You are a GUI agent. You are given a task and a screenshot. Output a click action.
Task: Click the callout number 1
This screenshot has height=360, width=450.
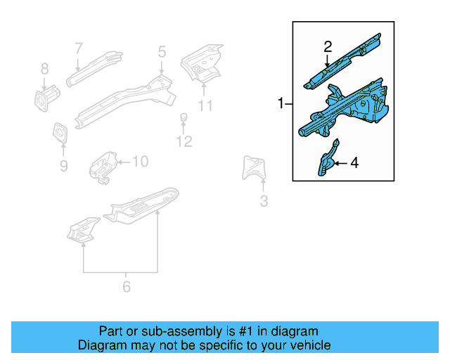(x=281, y=104)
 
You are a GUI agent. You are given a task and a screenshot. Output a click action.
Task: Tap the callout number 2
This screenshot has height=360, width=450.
(x=328, y=47)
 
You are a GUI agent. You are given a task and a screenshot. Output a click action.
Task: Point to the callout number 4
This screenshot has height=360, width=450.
(x=354, y=163)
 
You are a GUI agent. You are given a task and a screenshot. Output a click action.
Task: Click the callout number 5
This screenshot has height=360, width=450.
(x=162, y=51)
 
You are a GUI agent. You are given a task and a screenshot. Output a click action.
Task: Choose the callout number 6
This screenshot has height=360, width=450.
(x=127, y=286)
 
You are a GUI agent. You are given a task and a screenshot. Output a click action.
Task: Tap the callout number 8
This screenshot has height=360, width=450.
(x=44, y=68)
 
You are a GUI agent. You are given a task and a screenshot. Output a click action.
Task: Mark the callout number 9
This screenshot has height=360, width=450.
(x=63, y=166)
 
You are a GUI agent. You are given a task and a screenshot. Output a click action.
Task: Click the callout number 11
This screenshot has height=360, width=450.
(x=205, y=106)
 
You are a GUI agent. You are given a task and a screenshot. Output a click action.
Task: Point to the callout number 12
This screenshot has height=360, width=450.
(x=184, y=142)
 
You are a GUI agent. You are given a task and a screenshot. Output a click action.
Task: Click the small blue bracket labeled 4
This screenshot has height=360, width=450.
(x=327, y=159)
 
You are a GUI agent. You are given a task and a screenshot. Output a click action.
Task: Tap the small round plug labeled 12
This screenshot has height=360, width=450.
(x=184, y=117)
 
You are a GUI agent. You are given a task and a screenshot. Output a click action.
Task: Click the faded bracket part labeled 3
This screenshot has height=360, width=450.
(x=255, y=168)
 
